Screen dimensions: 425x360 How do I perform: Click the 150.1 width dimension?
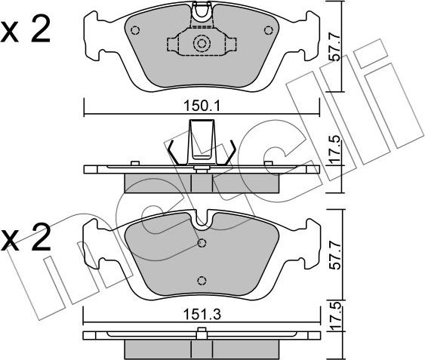[202, 106]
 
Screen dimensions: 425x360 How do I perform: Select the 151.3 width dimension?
[202, 315]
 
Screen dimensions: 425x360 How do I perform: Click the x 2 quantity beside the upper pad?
[25, 29]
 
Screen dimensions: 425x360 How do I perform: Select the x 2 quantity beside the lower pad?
[25, 237]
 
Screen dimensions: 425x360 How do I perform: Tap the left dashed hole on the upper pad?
[135, 30]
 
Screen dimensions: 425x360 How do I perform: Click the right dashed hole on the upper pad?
[268, 30]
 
